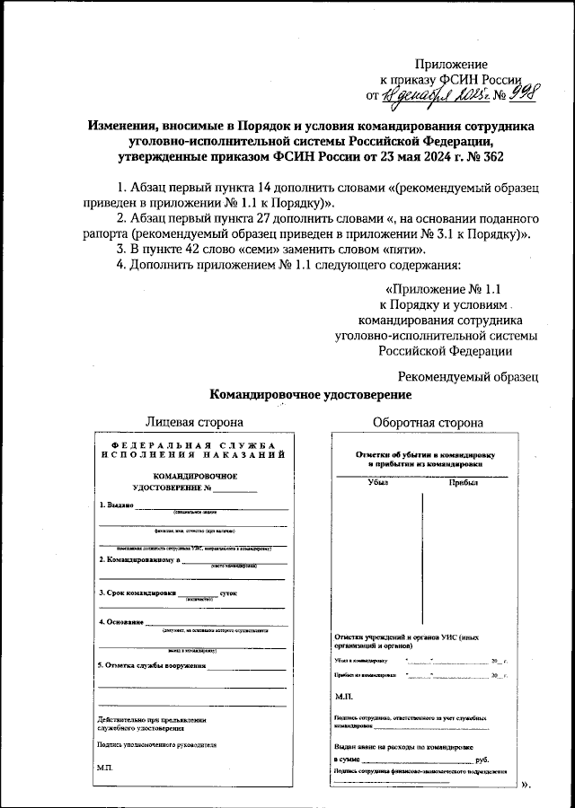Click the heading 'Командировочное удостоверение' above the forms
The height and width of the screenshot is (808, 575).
click(x=311, y=394)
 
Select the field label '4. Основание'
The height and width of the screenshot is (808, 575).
click(x=122, y=622)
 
